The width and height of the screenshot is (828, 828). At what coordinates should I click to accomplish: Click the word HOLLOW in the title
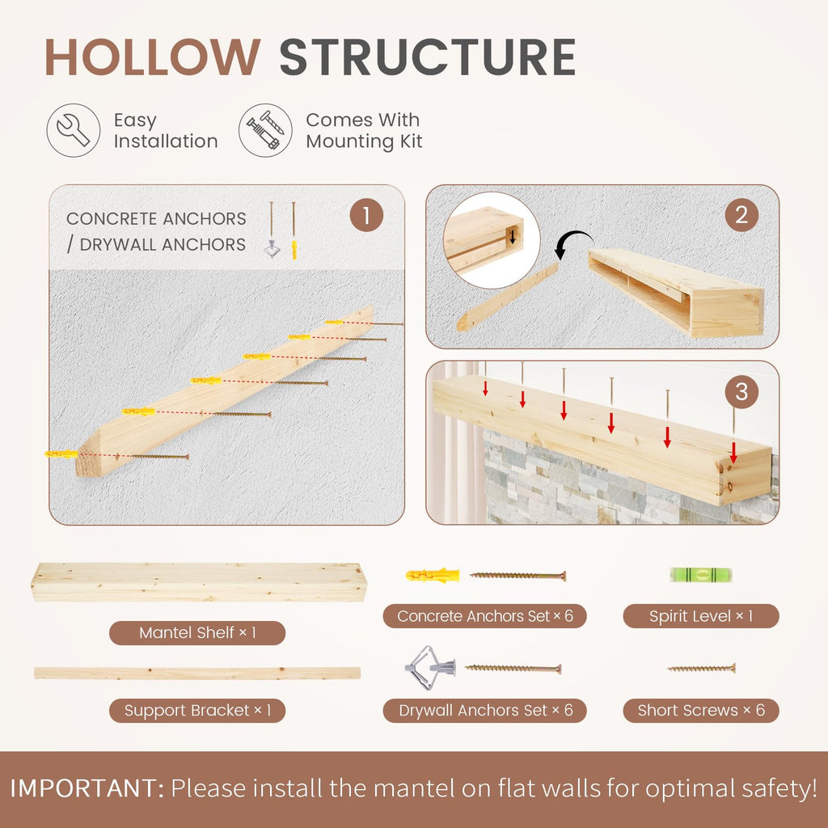pos(153,57)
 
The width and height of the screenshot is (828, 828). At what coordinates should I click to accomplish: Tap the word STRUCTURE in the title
pos(427,57)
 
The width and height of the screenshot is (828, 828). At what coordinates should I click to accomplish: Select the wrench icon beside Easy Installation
pos(74,130)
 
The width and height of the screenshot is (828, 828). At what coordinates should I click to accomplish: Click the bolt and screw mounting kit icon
pos(265,130)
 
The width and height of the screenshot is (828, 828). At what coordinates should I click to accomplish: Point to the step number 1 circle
pos(366,215)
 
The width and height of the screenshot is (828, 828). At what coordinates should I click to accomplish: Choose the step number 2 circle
pos(741,215)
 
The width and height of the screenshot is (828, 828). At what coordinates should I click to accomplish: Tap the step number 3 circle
pos(741,392)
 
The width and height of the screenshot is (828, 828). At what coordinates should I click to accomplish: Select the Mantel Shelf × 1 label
pos(197,632)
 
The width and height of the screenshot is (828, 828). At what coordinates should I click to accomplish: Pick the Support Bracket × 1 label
pos(197,710)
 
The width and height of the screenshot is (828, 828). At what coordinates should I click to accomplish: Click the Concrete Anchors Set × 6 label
pos(485,615)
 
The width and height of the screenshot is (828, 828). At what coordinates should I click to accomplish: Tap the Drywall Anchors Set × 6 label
pos(485,710)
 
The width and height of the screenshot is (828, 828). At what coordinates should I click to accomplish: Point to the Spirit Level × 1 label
pos(701,615)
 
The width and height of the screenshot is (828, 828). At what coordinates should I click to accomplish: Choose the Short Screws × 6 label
pos(701,710)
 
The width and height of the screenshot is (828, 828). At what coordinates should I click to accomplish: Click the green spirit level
pos(701,575)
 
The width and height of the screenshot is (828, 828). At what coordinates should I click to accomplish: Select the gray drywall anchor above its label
pos(430,668)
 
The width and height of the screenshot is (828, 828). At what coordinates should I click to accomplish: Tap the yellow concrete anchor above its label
pos(433,575)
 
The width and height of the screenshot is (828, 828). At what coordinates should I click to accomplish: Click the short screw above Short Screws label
pos(701,669)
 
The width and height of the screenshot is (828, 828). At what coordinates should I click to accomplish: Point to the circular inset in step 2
pos(492,240)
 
